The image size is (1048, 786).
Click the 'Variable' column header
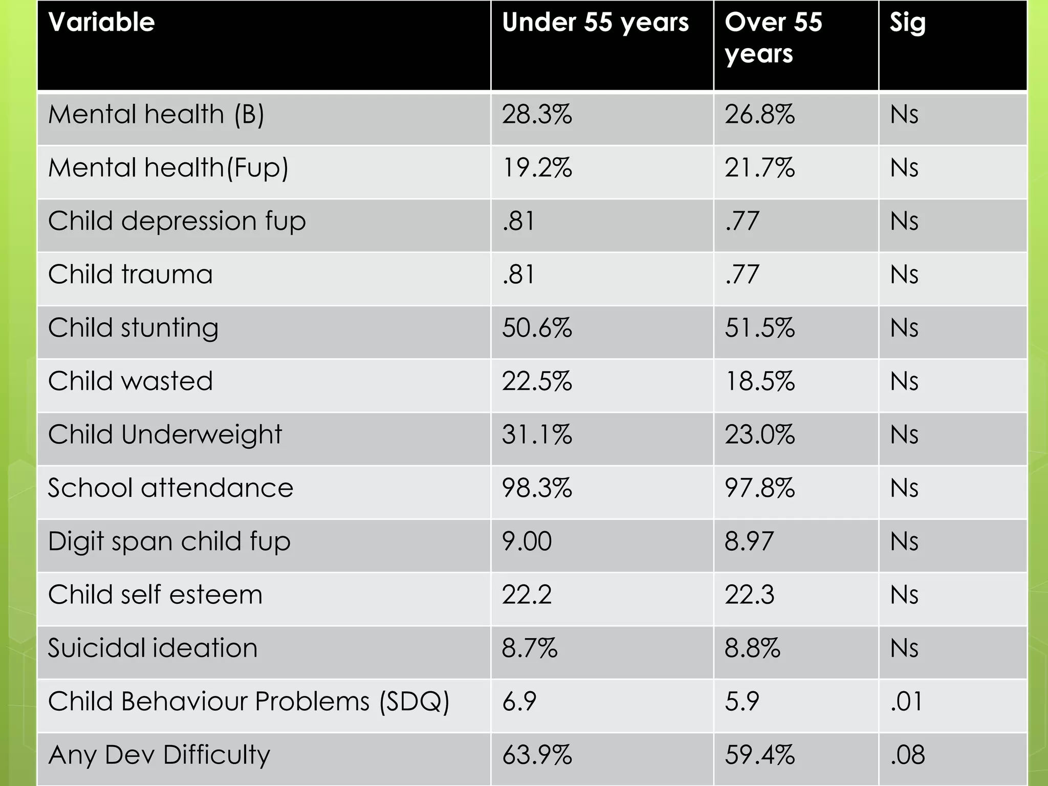101,23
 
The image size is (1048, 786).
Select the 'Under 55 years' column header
595,23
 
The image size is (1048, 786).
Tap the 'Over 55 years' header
773,38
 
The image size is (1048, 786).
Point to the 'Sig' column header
907,23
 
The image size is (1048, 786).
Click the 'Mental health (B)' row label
156,114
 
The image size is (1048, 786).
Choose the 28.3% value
537,114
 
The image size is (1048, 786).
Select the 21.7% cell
759,168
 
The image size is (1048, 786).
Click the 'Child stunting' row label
133,328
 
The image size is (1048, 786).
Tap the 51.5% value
759,328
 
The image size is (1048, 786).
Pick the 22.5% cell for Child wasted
537,381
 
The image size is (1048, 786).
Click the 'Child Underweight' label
165,435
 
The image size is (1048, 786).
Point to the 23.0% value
759,435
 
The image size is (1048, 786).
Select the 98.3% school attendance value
537,488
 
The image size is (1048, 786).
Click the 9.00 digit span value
527,541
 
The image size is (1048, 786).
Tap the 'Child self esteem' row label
155,595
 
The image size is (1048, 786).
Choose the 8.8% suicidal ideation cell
752,648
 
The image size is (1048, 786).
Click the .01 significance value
906,702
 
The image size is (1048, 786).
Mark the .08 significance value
907,755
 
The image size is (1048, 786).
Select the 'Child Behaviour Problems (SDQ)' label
249,702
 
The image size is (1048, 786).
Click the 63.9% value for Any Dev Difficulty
537,755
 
